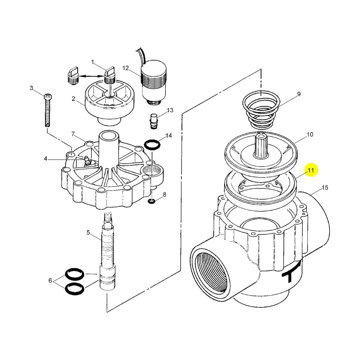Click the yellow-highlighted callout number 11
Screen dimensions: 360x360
[x=310, y=171]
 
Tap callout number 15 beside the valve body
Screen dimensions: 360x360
[x=325, y=188]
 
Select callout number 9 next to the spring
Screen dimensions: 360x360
[x=299, y=94]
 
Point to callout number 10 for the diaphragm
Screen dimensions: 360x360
[x=310, y=134]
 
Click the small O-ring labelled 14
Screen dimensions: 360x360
[x=152, y=145]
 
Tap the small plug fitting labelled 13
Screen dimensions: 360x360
[x=154, y=121]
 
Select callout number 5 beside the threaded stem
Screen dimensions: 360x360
[x=88, y=232]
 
